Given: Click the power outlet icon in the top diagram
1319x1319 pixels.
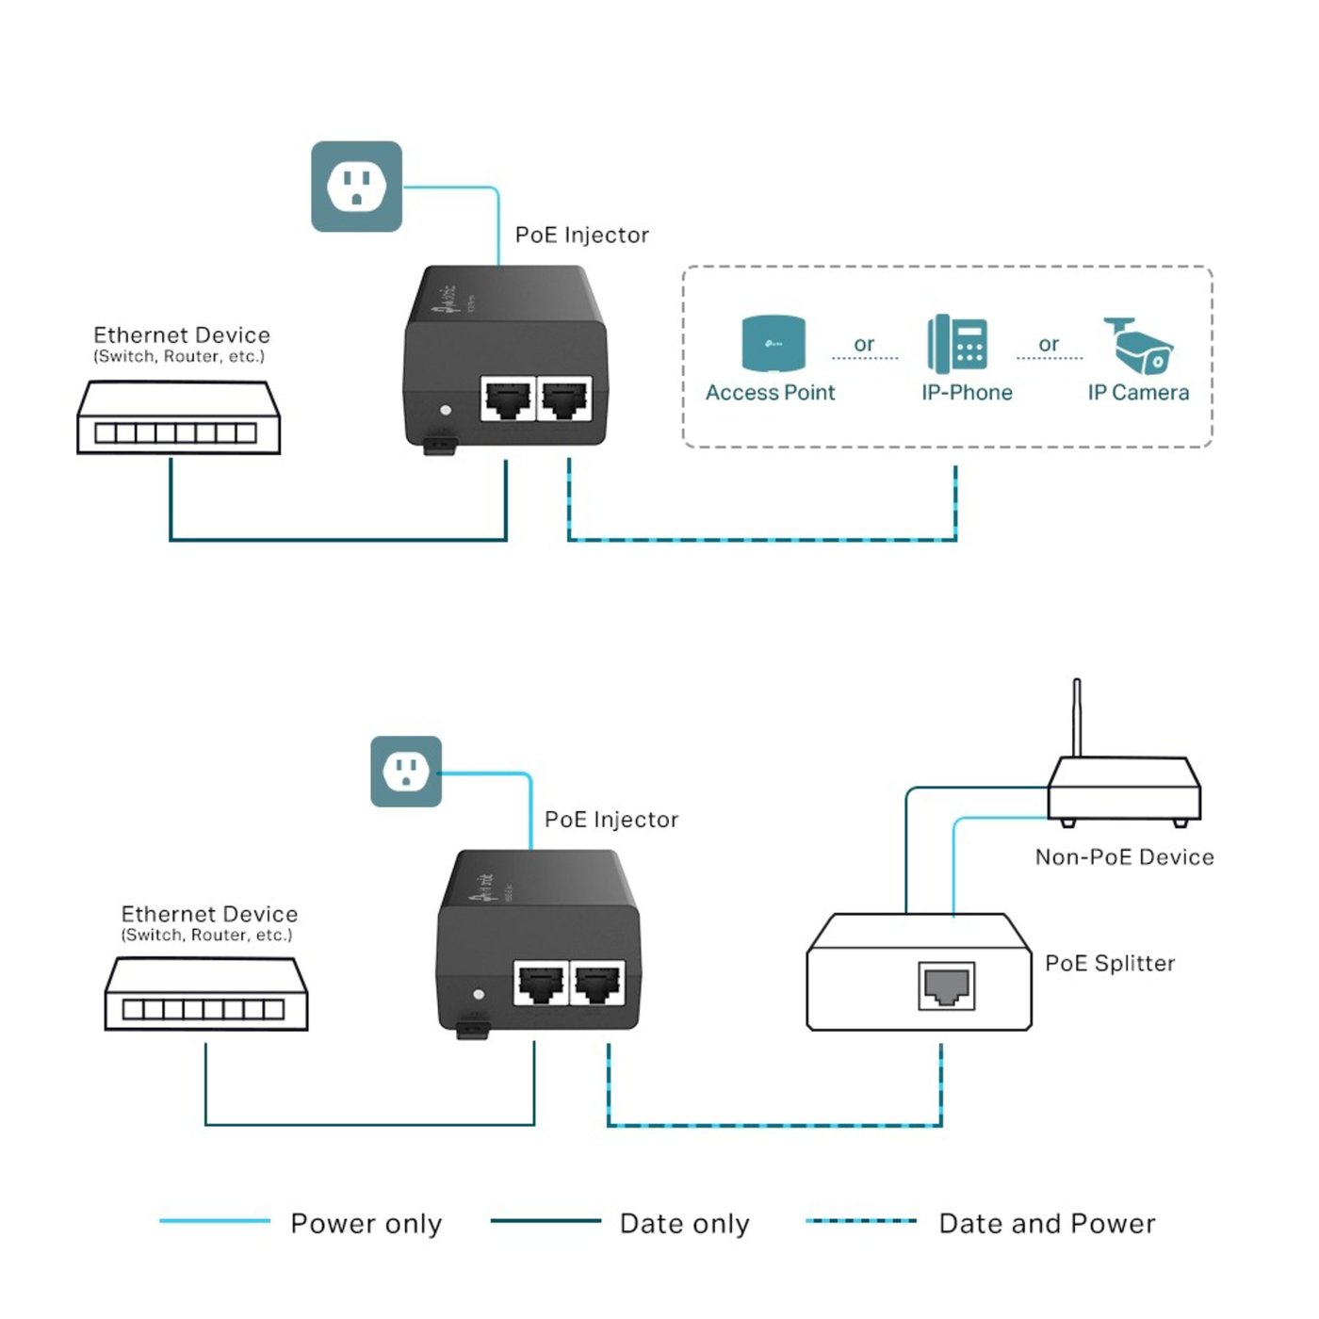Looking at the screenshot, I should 356,187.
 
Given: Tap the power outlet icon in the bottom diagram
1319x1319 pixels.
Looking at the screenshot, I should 406,772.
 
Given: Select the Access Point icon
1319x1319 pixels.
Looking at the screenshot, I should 773,344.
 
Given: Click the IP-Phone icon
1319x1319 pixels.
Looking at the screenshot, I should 957,344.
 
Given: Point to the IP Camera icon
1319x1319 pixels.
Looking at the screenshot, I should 1138,347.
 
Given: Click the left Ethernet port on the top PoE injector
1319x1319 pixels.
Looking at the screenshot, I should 507,399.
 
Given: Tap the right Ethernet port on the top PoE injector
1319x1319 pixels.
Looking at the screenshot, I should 564,399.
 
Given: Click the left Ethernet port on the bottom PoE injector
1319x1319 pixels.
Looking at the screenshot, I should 541,984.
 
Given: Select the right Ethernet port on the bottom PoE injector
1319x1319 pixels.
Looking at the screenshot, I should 597,984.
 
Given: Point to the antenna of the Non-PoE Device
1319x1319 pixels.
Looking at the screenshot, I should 1077,716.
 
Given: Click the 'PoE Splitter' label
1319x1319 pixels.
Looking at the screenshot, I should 1110,963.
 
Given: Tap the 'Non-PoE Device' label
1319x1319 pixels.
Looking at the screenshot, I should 1124,856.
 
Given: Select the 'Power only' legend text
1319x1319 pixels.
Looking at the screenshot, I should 366,1223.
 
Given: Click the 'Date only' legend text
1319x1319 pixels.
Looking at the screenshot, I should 684,1223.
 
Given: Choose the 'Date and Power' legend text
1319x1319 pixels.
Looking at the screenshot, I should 1047,1223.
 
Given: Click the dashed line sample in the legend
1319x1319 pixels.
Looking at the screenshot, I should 861,1221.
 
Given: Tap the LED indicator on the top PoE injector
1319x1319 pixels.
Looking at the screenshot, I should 446,411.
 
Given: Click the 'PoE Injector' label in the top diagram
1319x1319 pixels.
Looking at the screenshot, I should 581,235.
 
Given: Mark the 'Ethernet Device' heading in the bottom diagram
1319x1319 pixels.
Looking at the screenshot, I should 209,914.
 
